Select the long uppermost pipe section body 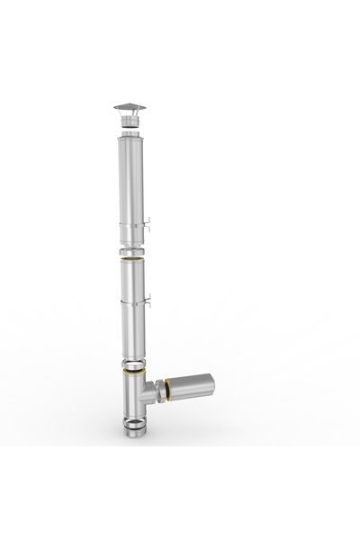click(131, 180)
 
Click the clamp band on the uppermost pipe click(132, 227)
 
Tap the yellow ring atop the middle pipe click(133, 259)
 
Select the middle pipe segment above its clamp click(133, 279)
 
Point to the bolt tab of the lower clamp click(152, 301)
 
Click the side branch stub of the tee click(153, 391)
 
